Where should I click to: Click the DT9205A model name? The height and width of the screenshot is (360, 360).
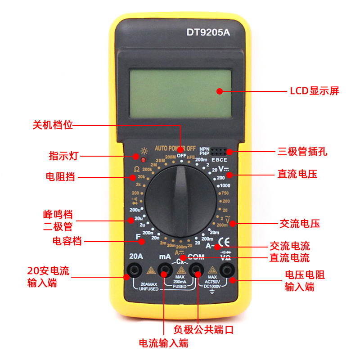[x=208, y=32]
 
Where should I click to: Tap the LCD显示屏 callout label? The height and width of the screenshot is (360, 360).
[x=314, y=91]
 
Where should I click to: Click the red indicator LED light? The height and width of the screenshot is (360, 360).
[x=144, y=160]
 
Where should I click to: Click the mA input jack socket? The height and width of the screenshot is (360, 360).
[x=165, y=270]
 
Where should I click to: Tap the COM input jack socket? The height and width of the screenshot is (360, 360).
[x=197, y=270]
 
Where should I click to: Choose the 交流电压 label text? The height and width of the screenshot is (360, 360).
[x=300, y=224]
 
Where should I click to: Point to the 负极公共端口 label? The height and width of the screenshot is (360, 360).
[x=204, y=330]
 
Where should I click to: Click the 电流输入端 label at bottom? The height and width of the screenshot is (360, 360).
[x=164, y=343]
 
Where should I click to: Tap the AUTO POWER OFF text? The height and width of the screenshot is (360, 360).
[x=175, y=148]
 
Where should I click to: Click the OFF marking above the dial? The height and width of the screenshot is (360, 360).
[x=181, y=155]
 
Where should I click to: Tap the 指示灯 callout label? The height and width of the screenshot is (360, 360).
[x=64, y=156]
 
